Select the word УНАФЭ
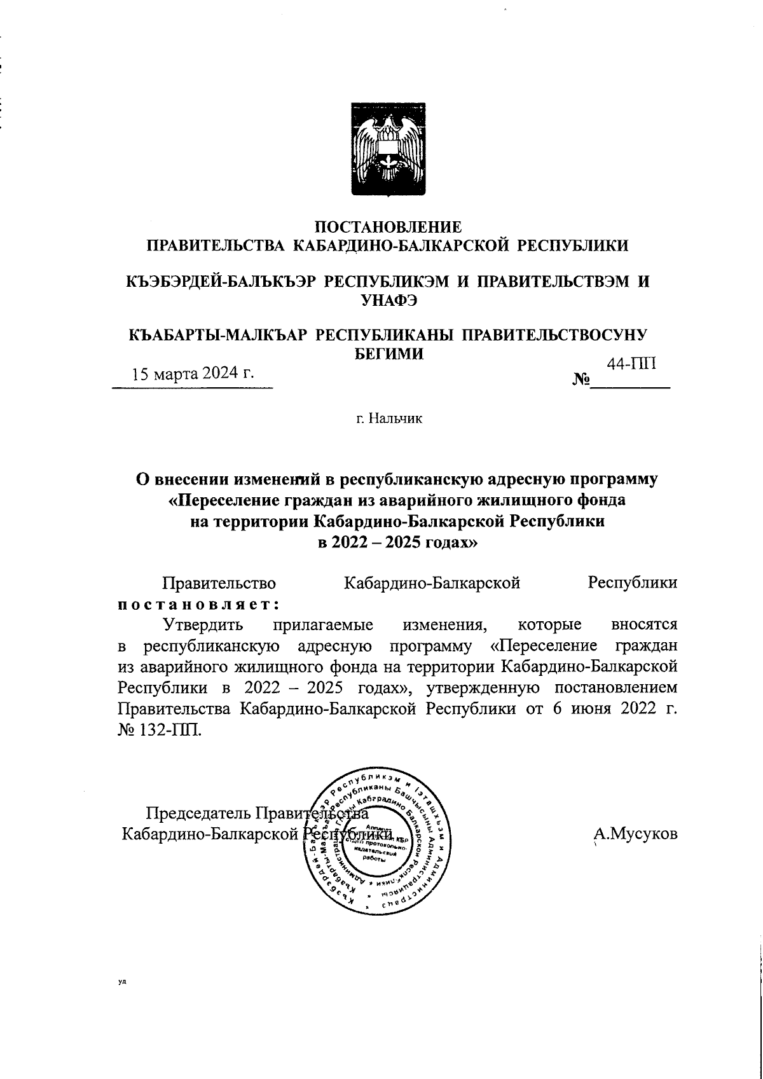click(388, 301)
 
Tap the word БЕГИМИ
click(388, 354)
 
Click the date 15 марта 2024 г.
click(193, 373)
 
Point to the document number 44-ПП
click(631, 364)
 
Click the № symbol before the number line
click(581, 380)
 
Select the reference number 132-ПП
click(171, 729)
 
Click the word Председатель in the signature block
click(199, 813)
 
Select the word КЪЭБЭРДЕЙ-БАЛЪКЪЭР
click(221, 282)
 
